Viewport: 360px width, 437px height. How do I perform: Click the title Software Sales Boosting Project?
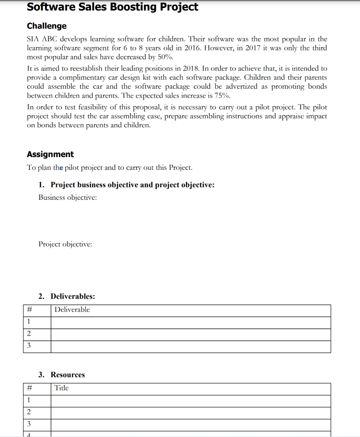[112, 7]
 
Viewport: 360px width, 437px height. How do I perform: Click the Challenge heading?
[47, 26]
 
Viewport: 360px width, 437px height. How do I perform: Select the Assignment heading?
[50, 154]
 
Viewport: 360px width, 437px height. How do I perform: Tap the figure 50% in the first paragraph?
[164, 57]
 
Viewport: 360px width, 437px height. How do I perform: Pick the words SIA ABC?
[42, 39]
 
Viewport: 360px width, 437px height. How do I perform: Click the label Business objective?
[67, 198]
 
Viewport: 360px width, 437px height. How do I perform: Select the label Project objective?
[65, 245]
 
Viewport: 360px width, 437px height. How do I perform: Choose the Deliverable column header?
[72, 310]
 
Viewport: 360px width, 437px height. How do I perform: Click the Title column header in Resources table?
[61, 388]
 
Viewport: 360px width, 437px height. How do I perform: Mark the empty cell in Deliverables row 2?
[190, 335]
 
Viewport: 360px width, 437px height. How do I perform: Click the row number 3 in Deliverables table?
[29, 346]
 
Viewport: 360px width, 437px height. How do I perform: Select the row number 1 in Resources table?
[29, 400]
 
